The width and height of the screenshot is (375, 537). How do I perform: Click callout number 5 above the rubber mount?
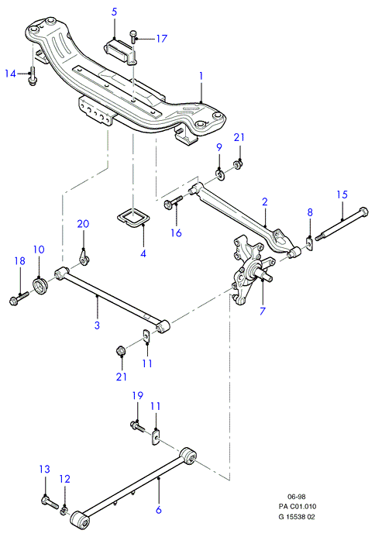pyautogui.click(x=115, y=12)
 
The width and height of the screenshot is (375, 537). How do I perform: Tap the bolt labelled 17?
pyautogui.click(x=133, y=36)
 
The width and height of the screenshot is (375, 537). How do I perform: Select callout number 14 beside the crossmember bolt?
pyautogui.click(x=10, y=74)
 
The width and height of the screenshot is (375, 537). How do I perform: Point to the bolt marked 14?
pyautogui.click(x=33, y=77)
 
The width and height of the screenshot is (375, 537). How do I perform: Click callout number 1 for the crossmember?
pyautogui.click(x=201, y=76)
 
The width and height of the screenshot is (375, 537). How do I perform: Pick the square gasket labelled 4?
pyautogui.click(x=131, y=217)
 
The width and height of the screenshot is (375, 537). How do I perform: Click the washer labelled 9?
pyautogui.click(x=220, y=174)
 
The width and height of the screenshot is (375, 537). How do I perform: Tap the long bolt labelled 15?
pyautogui.click(x=342, y=225)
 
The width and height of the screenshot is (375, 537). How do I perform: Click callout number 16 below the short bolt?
pyautogui.click(x=176, y=233)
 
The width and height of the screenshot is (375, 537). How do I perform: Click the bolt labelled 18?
pyautogui.click(x=19, y=298)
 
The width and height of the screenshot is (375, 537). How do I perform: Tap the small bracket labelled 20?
pyautogui.click(x=84, y=258)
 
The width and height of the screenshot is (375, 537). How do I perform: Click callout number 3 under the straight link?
pyautogui.click(x=97, y=325)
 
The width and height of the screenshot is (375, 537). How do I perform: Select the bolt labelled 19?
pyautogui.click(x=138, y=426)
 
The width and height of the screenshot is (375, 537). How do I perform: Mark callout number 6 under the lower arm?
pyautogui.click(x=159, y=510)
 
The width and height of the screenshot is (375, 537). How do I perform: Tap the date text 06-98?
pyautogui.click(x=297, y=497)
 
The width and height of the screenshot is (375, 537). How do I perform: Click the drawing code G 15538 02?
pyautogui.click(x=297, y=517)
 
